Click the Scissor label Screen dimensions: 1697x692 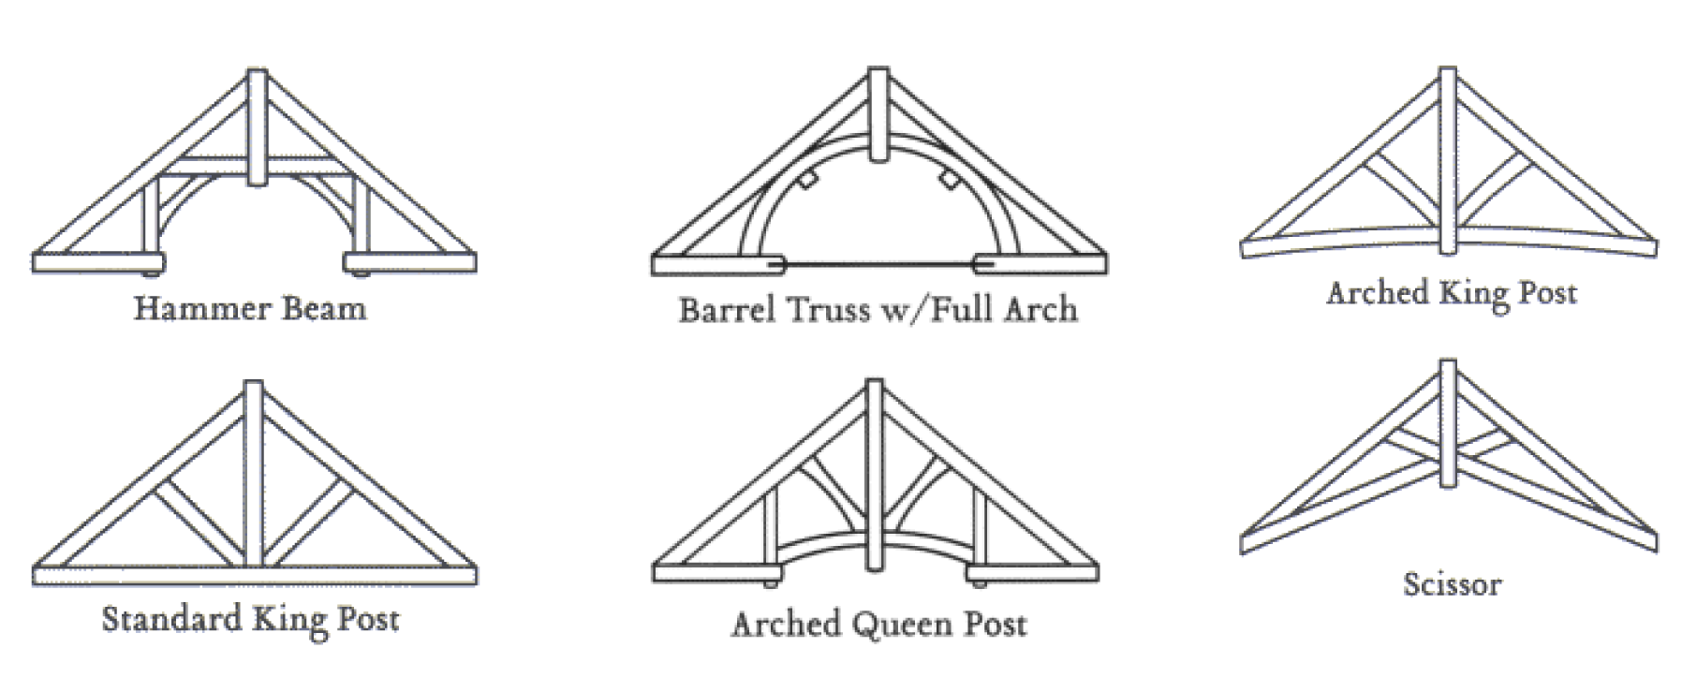point(1453,584)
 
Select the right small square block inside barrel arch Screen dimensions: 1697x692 point(949,179)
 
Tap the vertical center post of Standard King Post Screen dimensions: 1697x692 point(253,478)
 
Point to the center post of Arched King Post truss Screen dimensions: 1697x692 point(1449,169)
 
